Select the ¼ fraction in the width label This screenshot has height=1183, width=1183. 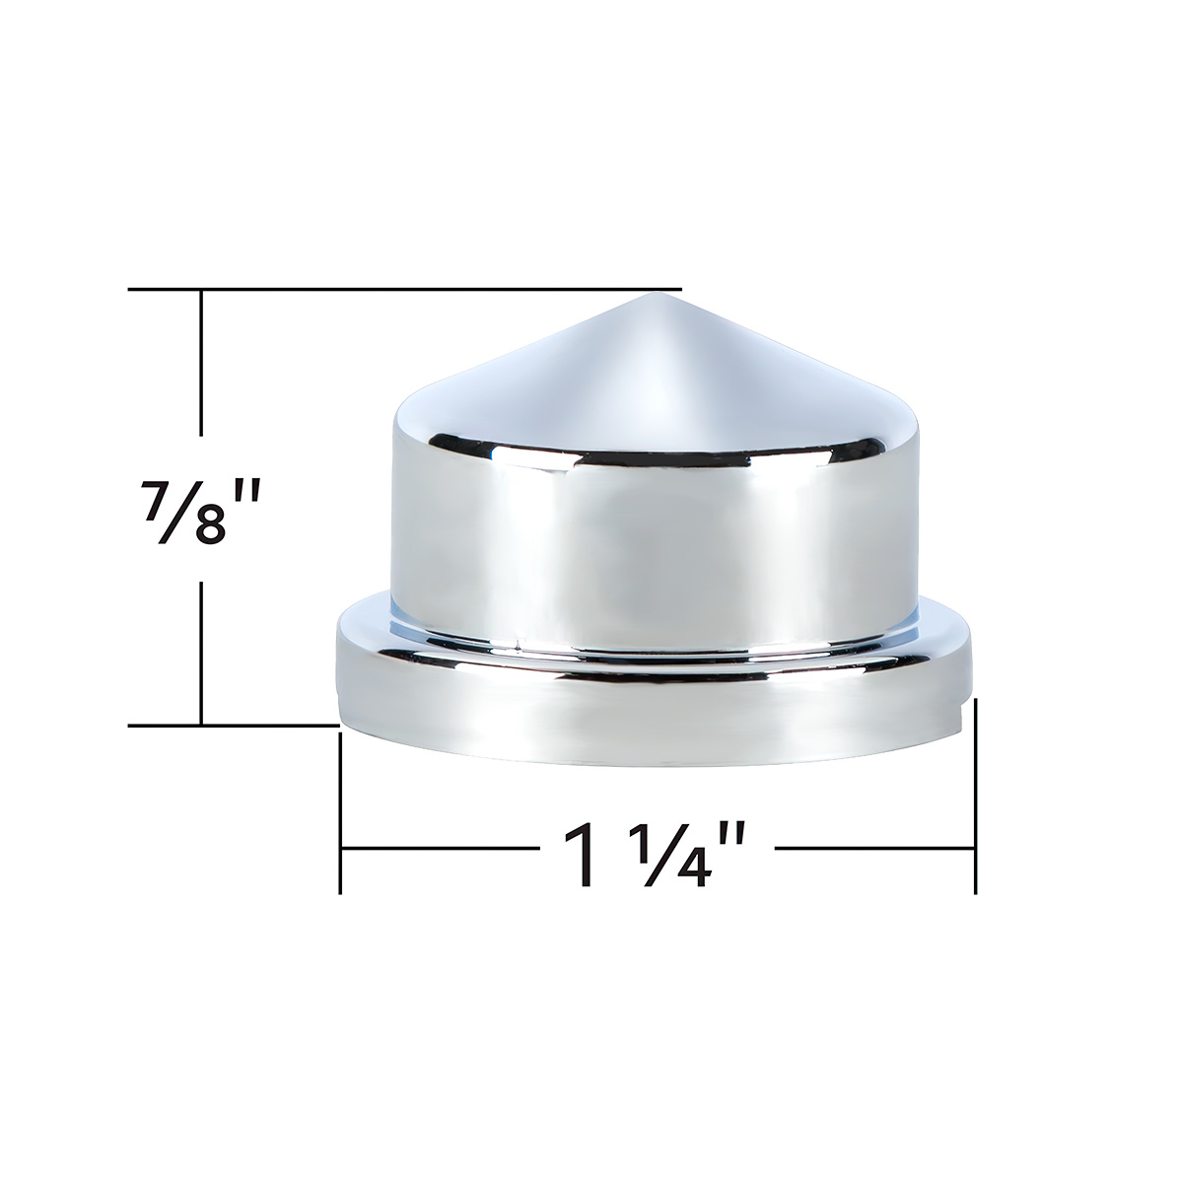tap(670, 851)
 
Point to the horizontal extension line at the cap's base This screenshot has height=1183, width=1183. tap(233, 725)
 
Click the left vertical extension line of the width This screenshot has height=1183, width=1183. tap(340, 808)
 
